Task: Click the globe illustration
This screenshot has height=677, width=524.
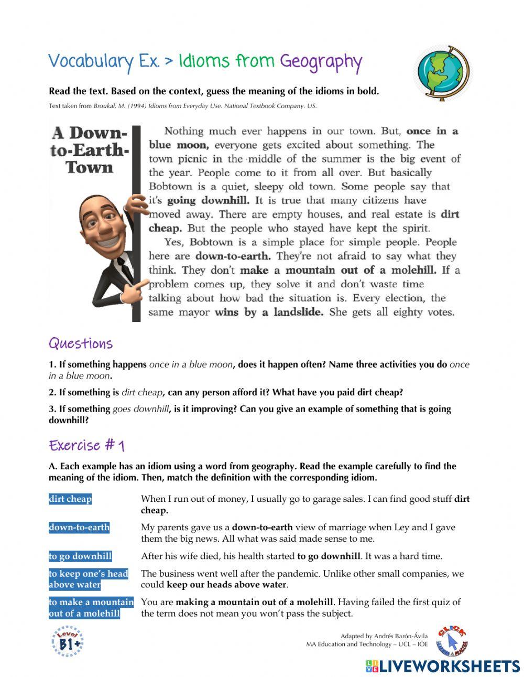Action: [443, 72]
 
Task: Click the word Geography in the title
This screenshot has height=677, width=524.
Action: [321, 62]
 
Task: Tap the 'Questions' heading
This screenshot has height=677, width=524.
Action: [81, 343]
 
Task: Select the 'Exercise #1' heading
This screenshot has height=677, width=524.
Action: [86, 446]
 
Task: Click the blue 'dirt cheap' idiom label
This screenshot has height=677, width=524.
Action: [70, 499]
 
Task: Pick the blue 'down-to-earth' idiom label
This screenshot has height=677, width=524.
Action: [79, 528]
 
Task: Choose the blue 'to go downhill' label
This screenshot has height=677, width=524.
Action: [80, 556]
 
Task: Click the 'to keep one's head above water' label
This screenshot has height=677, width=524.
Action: [88, 579]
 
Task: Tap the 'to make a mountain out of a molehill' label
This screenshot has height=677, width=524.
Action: [91, 608]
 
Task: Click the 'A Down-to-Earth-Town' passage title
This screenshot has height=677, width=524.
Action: [90, 150]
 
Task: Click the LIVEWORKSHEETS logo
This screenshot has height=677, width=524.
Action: [443, 666]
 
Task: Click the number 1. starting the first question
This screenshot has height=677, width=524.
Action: [52, 364]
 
